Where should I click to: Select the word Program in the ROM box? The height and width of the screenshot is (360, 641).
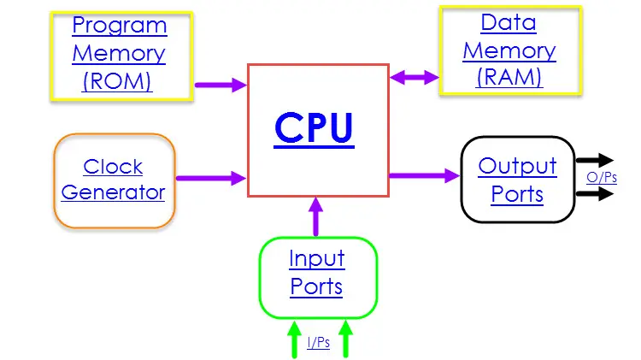pos(119,25)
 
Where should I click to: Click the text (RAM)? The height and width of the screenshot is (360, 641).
pos(509,76)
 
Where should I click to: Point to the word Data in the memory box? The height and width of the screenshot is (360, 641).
pos(509,21)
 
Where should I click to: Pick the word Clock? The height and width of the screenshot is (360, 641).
pos(113,166)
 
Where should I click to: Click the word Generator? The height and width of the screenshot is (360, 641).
pos(113,192)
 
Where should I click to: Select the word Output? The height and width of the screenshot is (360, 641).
pos(517,166)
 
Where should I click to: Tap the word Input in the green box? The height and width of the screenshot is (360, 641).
pos(316,258)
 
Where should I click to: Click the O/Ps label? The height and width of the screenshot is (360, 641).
pos(602,178)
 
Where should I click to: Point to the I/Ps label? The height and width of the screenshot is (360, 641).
pos(319,344)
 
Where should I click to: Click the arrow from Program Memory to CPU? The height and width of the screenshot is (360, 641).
pos(221,85)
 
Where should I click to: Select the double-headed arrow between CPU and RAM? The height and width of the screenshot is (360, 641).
pos(415,78)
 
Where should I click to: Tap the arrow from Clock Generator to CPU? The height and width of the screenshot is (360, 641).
pos(211,179)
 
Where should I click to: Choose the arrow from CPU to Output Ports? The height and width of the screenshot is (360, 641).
pos(424,175)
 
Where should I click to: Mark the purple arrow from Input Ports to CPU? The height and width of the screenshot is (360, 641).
pos(316,215)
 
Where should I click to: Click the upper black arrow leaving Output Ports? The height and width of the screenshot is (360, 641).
pos(595,160)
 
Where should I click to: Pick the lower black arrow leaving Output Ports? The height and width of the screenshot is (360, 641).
pos(595,193)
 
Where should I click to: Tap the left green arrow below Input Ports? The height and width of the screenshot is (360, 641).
pos(294,339)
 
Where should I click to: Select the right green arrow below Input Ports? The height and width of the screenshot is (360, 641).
pos(346,339)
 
